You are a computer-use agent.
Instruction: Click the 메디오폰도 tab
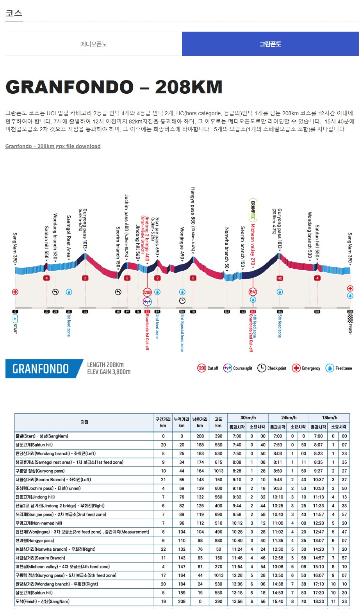click(94, 44)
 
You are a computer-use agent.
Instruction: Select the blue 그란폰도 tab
click(270, 44)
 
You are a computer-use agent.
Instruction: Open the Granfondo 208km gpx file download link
click(53, 146)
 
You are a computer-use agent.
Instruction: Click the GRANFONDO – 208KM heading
click(114, 87)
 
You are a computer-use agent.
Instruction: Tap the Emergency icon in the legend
click(296, 368)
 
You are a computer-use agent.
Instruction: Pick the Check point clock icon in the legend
click(261, 368)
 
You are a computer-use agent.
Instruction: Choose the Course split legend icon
click(228, 368)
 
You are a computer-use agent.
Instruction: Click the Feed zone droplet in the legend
click(330, 368)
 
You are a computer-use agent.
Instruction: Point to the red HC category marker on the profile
click(280, 278)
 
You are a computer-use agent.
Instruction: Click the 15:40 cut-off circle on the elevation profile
click(253, 292)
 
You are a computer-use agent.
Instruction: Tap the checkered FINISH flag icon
click(350, 318)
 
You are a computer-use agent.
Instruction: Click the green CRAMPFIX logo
click(253, 210)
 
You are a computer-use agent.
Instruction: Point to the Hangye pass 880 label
click(193, 222)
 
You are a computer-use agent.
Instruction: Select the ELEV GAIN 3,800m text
click(109, 372)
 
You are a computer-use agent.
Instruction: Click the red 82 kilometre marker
click(147, 312)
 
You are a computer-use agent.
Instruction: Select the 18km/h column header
click(329, 418)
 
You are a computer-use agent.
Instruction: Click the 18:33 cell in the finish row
click(319, 602)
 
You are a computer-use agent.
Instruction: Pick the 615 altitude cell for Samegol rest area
click(218, 462)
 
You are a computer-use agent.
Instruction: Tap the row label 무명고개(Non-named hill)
click(39, 523)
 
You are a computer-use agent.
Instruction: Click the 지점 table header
click(84, 422)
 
